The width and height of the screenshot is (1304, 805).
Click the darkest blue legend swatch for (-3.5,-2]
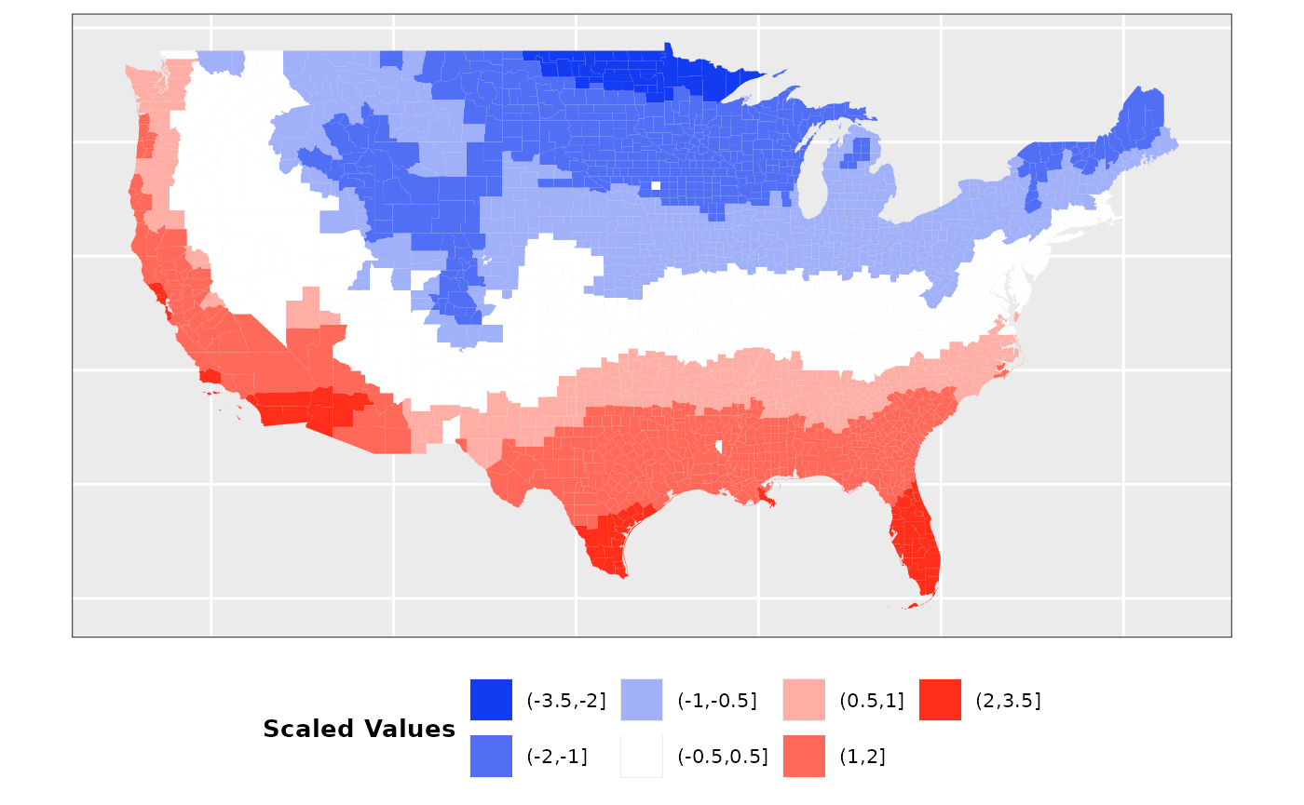coord(491,700)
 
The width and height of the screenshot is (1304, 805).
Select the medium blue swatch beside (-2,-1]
coord(491,756)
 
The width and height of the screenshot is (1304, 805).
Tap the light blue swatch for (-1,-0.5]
coord(642,700)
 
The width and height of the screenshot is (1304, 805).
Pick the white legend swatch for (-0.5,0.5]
coord(642,756)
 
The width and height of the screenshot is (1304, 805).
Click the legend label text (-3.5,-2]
coord(566,701)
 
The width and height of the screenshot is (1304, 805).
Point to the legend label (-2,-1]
coord(557,757)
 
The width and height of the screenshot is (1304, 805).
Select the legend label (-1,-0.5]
coord(717,701)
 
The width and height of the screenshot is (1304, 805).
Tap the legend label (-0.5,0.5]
coord(723,757)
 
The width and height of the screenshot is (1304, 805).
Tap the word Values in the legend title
coord(412,729)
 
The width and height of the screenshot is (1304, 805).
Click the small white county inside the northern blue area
coord(656,185)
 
